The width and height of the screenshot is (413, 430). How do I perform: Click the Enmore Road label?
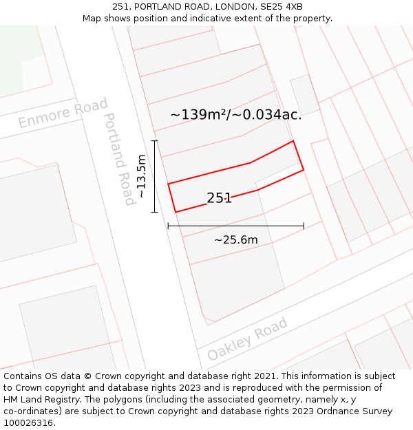pos(63,114)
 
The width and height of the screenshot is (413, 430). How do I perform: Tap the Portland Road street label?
pos(119,159)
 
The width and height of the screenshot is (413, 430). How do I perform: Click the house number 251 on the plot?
pos(219,198)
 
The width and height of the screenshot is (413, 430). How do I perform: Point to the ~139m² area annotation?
pos(235,115)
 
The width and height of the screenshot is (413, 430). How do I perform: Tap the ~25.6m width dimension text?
pos(235,240)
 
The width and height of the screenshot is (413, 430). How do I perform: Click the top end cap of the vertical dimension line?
pos(155,141)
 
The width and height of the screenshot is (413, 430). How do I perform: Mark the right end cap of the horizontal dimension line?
pos(304,225)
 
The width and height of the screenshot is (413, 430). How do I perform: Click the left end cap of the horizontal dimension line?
pos(168,225)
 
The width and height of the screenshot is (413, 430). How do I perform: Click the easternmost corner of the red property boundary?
pos(304,169)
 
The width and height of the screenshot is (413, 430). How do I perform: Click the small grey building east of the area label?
pos(304,94)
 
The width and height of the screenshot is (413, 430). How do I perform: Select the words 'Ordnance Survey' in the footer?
pos(358,411)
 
